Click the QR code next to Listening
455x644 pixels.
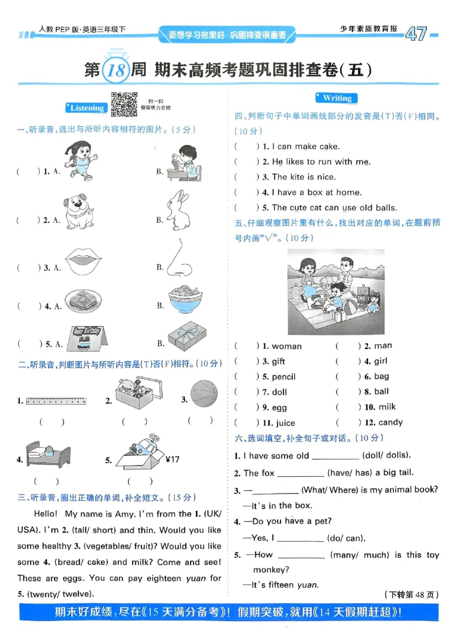click(x=124, y=104)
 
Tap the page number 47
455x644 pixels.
click(x=416, y=34)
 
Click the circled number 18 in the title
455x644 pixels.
click(x=115, y=71)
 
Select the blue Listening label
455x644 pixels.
click(x=86, y=108)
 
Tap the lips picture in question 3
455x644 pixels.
click(x=84, y=262)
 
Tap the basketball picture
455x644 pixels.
click(x=204, y=394)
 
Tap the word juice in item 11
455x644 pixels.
click(x=284, y=423)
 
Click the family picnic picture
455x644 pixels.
click(x=336, y=292)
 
